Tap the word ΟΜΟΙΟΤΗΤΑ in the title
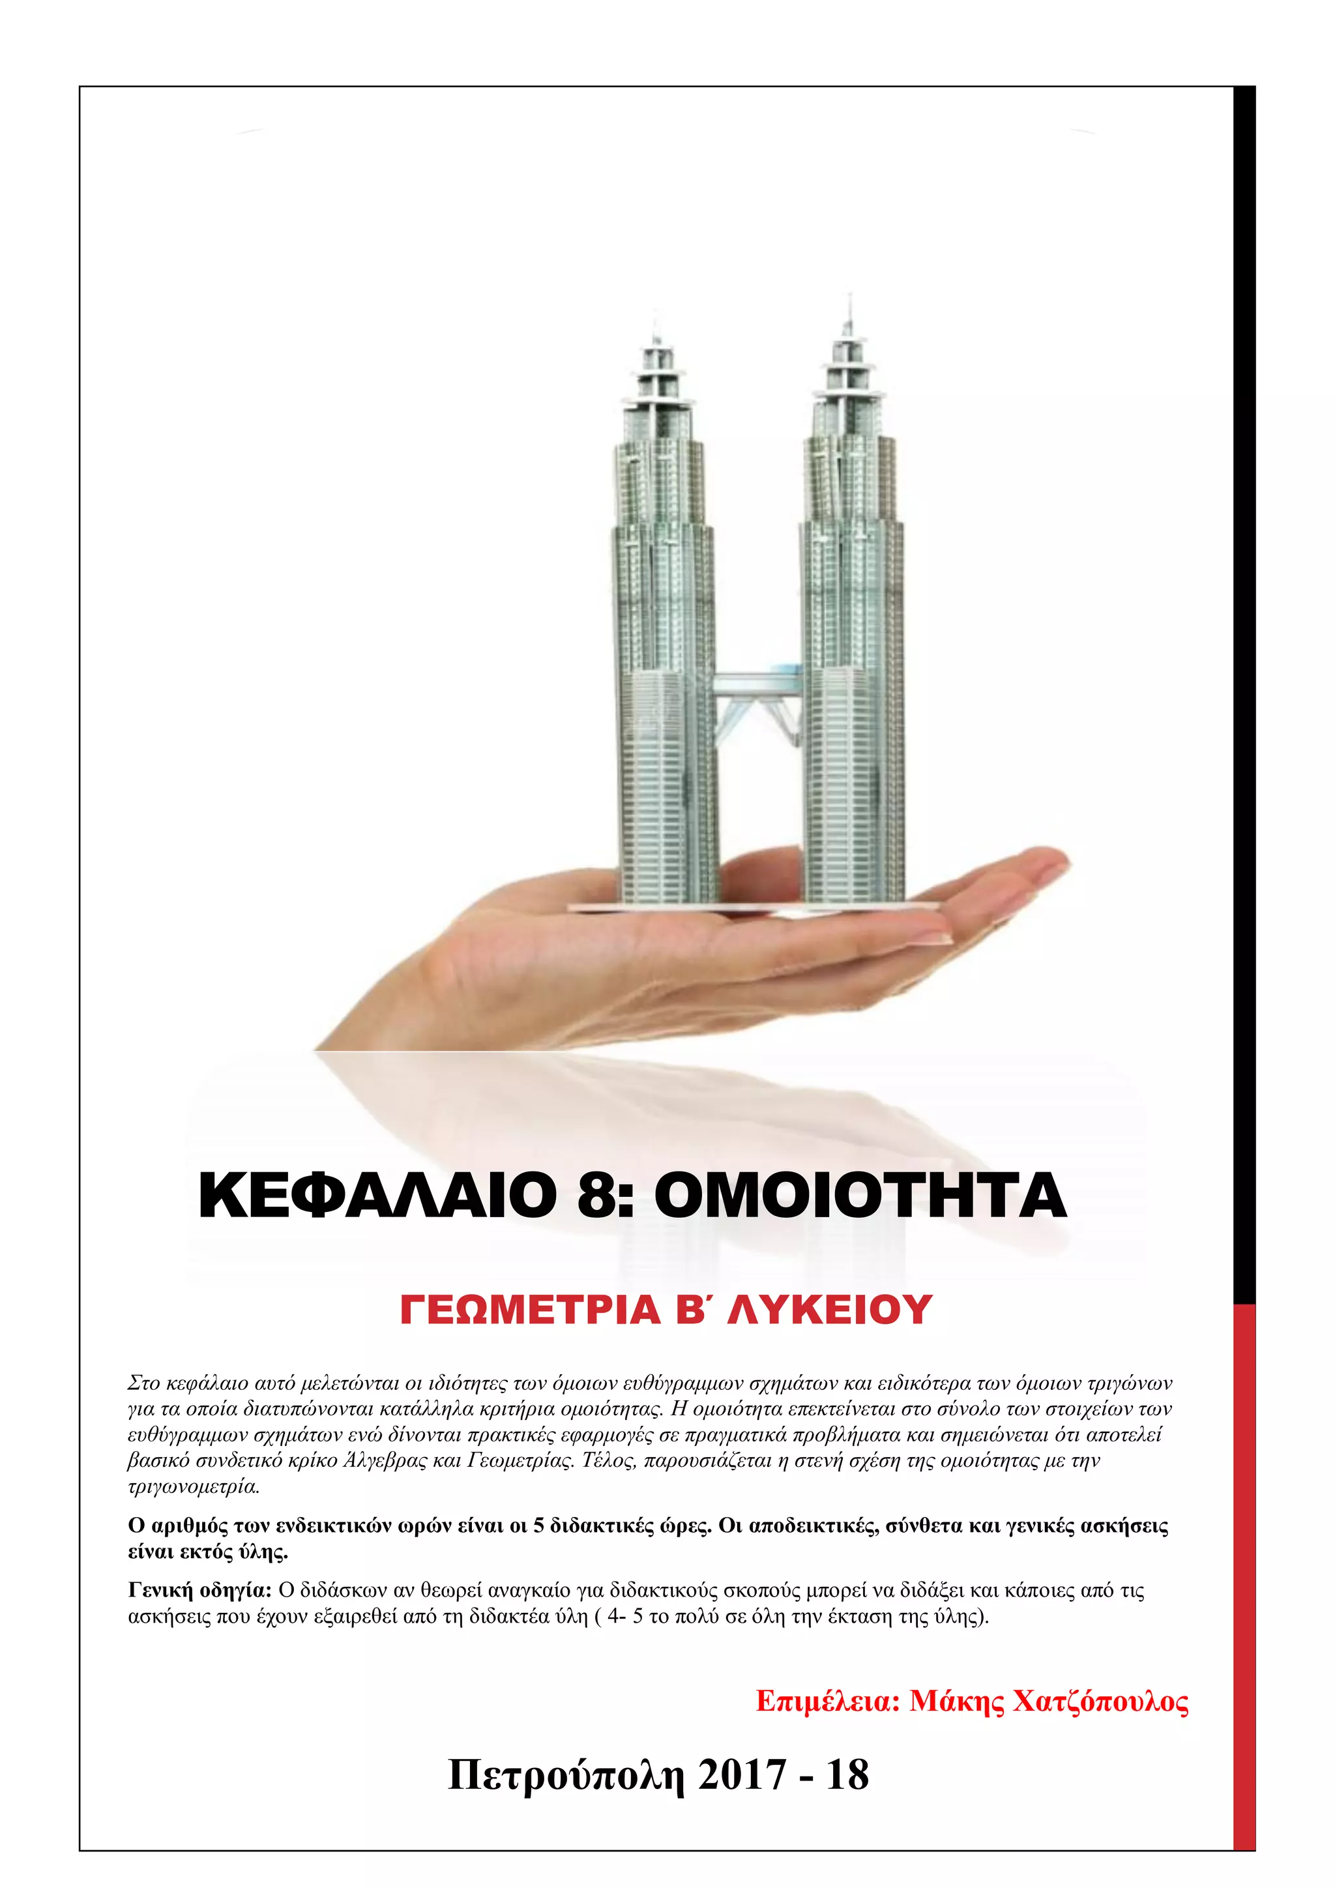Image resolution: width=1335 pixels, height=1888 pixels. point(860,1196)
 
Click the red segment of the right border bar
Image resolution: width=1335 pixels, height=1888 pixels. point(1244,1563)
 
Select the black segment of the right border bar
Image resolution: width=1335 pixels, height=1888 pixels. point(1244,658)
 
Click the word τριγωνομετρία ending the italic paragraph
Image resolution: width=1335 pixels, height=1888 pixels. point(194,1486)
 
